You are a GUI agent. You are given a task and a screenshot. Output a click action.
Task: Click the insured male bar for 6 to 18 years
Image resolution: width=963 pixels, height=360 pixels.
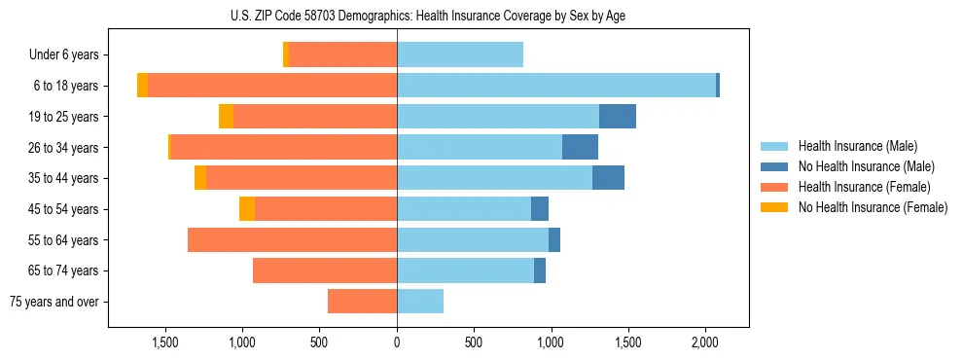click(556, 86)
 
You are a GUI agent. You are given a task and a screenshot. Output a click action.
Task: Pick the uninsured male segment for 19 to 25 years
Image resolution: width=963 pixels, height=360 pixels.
click(617, 117)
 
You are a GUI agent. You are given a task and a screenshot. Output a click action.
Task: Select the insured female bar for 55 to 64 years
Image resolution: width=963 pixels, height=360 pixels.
click(292, 240)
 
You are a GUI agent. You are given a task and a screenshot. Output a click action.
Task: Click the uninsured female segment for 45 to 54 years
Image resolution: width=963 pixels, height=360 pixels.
click(247, 209)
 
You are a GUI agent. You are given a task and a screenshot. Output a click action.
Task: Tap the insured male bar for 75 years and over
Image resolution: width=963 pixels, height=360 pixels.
click(420, 302)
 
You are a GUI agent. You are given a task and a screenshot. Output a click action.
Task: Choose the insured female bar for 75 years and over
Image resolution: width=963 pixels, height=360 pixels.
click(362, 302)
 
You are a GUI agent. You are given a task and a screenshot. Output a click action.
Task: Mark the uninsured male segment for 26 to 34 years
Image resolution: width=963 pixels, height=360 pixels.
click(580, 148)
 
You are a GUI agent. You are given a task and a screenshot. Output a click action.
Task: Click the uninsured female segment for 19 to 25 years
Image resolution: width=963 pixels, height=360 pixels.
click(226, 117)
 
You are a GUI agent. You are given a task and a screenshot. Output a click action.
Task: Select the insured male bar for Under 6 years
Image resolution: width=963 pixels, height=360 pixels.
click(460, 55)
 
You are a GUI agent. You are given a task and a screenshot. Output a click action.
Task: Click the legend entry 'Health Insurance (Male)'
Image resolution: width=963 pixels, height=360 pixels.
click(857, 146)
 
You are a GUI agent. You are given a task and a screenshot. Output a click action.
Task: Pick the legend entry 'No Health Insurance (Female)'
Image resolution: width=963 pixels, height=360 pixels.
click(873, 207)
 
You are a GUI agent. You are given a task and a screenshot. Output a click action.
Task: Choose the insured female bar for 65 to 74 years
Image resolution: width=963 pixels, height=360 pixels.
click(325, 270)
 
